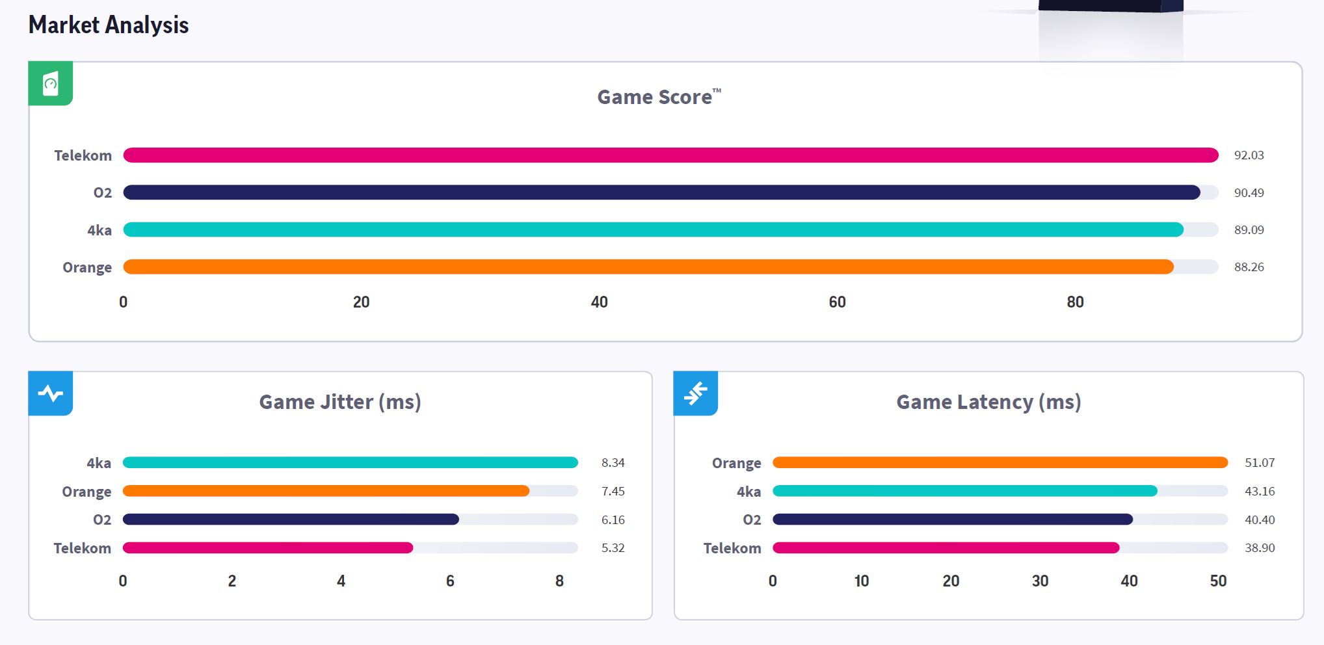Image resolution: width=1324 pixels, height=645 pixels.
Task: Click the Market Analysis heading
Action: pos(109,25)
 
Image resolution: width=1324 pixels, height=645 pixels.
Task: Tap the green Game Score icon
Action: pos(50,83)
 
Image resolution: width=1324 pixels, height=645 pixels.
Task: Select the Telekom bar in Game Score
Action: pos(670,155)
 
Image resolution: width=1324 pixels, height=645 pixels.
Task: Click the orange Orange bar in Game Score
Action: pos(648,267)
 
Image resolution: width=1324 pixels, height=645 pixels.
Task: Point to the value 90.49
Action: pos(1249,192)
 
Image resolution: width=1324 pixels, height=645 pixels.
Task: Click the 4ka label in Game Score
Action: pos(99,230)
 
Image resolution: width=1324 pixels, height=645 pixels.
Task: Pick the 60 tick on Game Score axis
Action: pos(837,302)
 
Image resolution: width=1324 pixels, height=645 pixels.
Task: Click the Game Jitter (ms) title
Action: pos(340,402)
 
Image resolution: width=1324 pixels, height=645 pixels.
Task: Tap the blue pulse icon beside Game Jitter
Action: pos(50,393)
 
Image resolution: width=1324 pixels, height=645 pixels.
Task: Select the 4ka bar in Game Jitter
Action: pos(350,462)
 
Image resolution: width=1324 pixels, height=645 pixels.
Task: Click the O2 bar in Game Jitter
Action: pos(291,520)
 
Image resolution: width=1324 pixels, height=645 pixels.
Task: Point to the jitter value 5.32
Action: pos(613,548)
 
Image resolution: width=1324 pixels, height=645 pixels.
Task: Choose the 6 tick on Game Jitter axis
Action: pos(450,581)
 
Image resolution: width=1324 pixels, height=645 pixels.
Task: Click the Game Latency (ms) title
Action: pos(988,402)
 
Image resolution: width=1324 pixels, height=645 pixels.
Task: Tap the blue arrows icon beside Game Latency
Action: pos(695,393)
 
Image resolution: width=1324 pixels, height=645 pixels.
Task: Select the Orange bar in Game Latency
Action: pos(1000,462)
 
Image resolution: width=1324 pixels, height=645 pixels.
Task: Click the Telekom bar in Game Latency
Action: pos(946,548)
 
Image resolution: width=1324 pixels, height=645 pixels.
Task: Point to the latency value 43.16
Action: pos(1260,492)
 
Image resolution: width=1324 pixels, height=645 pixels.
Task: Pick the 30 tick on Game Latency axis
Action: pos(1040,581)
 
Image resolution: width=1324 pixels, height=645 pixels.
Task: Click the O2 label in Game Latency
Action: pos(752,520)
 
